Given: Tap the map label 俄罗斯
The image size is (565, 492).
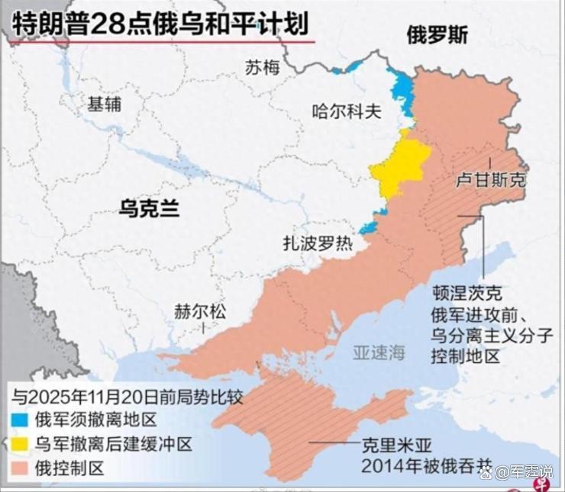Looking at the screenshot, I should [437, 36].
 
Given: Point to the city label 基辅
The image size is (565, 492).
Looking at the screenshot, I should [104, 105].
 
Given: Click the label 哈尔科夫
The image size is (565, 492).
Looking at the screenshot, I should [346, 111].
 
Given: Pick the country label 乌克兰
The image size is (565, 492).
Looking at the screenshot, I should [149, 207].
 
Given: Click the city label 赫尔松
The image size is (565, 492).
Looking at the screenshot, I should [200, 312].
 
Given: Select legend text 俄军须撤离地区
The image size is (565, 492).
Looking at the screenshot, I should [95, 420].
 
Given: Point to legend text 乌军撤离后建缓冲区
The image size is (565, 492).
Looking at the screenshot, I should [113, 443].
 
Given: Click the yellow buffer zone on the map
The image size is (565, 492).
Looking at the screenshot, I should [399, 168].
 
